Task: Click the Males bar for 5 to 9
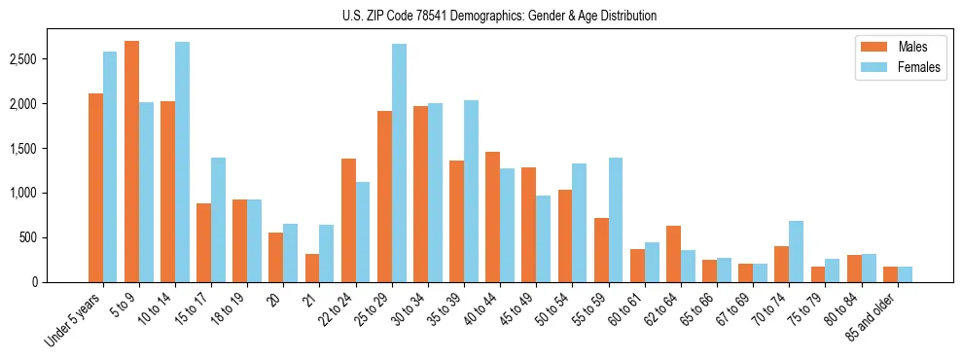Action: coord(131,162)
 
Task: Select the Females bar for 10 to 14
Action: coord(182,162)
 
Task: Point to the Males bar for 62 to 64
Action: coord(673,254)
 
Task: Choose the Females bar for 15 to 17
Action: coord(218,220)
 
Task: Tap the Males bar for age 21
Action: coord(312,268)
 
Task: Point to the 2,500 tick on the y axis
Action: coord(49,59)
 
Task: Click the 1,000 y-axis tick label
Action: coord(49,193)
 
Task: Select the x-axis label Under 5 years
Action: coord(74,318)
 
